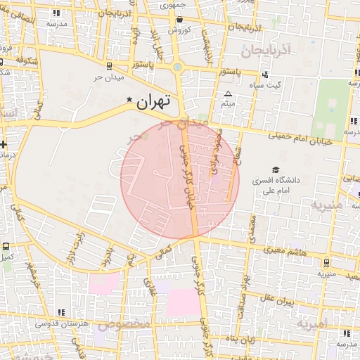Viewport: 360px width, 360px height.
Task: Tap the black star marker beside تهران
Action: point(129,101)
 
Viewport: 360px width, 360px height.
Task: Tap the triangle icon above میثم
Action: point(227,94)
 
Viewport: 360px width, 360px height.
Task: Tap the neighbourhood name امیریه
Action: point(312,324)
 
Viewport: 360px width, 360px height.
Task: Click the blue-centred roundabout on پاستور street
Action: point(177,67)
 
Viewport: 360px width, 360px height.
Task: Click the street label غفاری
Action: point(148,285)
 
